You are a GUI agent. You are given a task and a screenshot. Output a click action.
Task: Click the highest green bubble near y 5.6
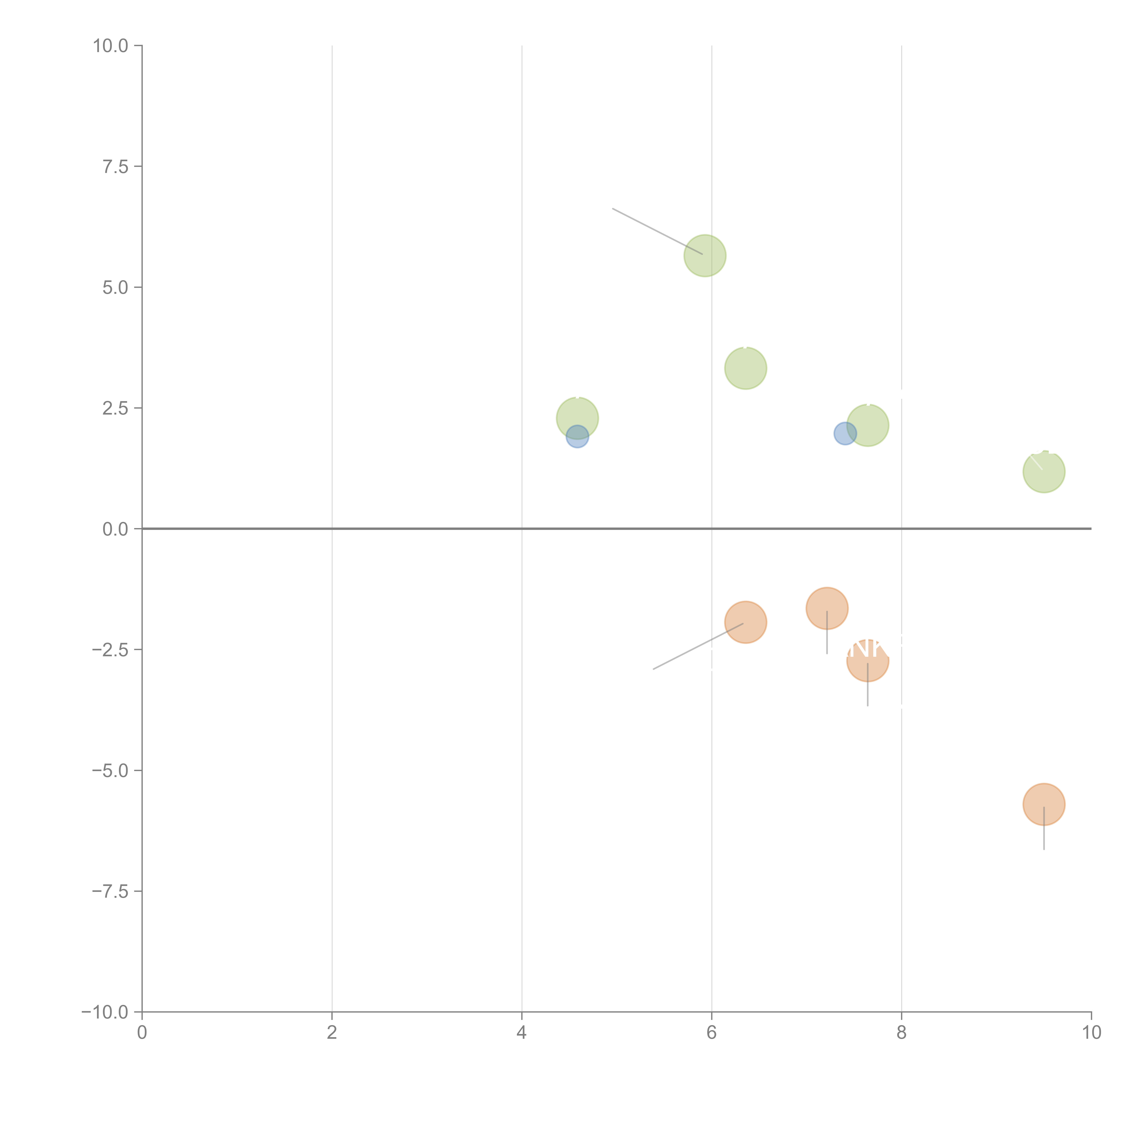click(x=704, y=255)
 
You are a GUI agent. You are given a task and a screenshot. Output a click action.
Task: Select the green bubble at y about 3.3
click(x=745, y=368)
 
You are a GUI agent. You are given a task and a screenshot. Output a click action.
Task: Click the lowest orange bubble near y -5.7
click(x=1044, y=804)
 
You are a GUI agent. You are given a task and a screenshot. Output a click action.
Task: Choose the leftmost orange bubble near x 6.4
click(x=745, y=622)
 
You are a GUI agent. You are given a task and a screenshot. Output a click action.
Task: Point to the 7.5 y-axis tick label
click(x=115, y=166)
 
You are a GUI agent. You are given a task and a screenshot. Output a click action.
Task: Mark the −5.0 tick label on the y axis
click(x=110, y=770)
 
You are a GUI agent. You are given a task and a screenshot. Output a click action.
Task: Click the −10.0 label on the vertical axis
click(x=105, y=1012)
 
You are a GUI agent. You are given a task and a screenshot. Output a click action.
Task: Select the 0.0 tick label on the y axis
click(x=115, y=529)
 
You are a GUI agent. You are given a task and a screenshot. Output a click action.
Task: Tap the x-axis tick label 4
click(x=521, y=1033)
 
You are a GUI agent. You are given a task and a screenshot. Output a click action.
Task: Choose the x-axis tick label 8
click(x=901, y=1033)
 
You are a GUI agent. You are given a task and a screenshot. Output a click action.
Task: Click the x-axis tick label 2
click(x=332, y=1033)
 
